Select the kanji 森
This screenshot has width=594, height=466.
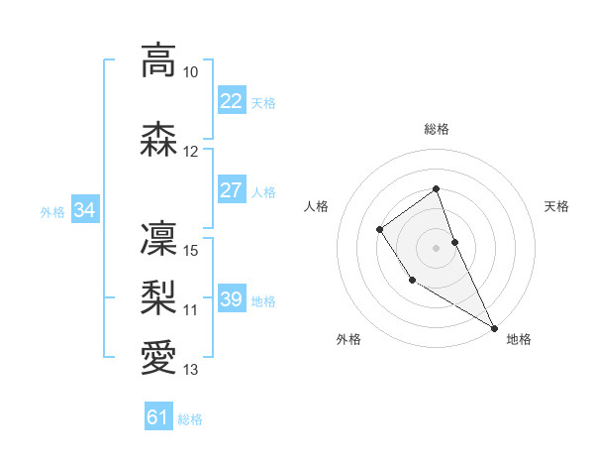pos(158,140)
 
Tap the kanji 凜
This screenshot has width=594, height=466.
pos(158,238)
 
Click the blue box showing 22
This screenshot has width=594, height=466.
pos(231,101)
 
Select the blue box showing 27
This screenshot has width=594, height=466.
pos(231,190)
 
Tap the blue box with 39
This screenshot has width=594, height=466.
pos(231,299)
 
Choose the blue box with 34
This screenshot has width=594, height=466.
pos(84,210)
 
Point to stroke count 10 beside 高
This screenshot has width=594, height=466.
pos(191,73)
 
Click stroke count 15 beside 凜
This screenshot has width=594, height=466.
pos(191,250)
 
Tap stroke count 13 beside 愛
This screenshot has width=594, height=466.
pos(191,370)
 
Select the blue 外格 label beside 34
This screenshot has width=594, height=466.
pos(52,211)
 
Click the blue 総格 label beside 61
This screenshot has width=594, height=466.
pos(190,419)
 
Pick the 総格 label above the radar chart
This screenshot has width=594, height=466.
pos(437,129)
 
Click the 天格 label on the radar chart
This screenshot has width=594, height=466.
pos(556,206)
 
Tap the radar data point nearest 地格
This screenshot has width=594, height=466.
pos(495,327)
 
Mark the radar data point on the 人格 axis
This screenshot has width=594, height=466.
pos(379,230)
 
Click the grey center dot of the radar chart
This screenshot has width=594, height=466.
pos(437,247)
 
